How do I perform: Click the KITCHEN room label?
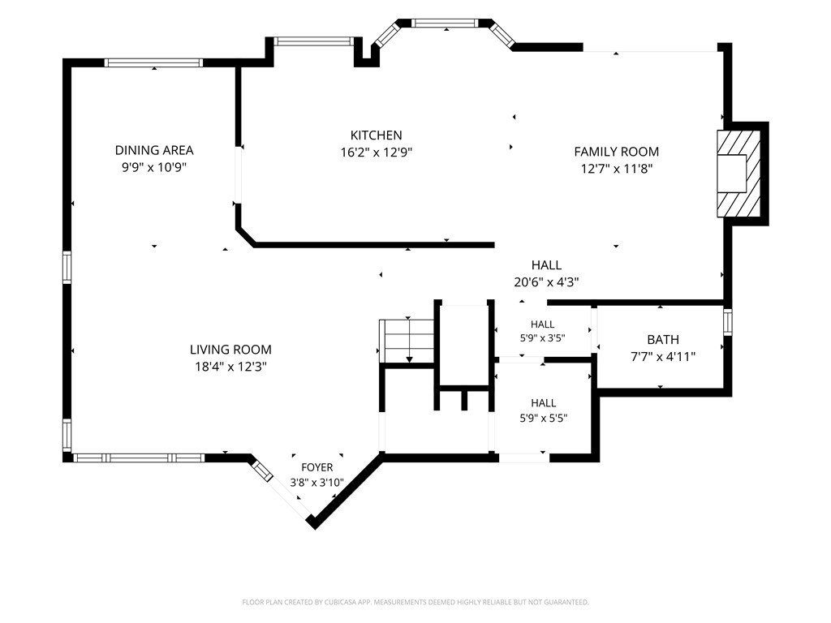click(377, 135)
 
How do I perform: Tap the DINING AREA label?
click(154, 150)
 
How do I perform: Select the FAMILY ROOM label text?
click(617, 152)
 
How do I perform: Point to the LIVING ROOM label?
click(230, 350)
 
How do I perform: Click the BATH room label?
click(663, 340)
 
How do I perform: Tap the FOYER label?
click(317, 467)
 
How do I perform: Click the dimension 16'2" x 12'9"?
click(377, 153)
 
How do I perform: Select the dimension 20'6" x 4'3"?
click(546, 281)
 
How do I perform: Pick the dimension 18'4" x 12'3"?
click(230, 367)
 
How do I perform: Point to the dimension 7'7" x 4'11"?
click(663, 357)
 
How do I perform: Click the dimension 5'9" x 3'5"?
click(542, 338)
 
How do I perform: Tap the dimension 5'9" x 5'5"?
click(543, 418)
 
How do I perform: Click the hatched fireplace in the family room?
click(738, 174)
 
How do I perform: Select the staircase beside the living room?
click(407, 341)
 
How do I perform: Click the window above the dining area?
click(153, 62)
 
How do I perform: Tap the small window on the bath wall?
click(728, 322)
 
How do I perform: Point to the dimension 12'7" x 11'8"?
click(617, 169)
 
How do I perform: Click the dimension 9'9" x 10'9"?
click(154, 167)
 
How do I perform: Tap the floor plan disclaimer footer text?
click(415, 603)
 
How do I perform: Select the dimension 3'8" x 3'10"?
click(317, 483)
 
